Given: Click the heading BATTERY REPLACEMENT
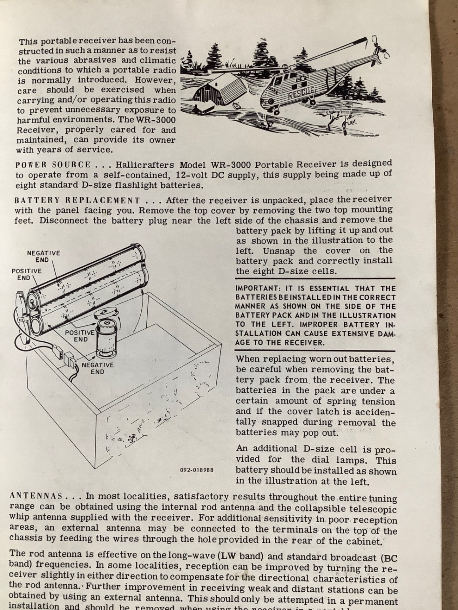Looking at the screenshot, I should (x=77, y=201).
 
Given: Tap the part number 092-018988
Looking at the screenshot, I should (x=197, y=470).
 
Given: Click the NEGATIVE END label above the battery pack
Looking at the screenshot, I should (x=43, y=256).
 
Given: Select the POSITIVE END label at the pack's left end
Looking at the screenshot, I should (x=26, y=274).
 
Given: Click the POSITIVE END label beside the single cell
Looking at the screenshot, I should (x=80, y=336).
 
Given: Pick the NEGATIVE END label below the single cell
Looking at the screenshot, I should (x=97, y=368).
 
